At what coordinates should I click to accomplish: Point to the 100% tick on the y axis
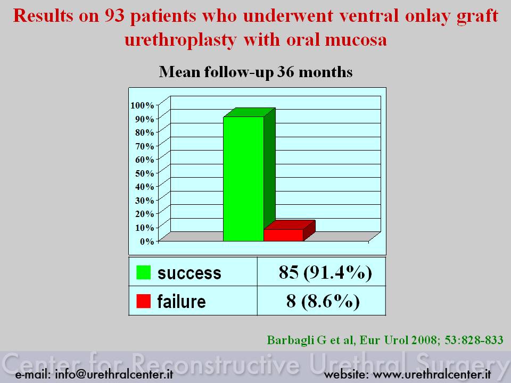click(142, 105)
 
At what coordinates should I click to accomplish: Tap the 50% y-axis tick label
click(144, 173)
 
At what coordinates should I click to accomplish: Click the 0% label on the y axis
click(147, 242)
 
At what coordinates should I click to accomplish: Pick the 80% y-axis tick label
click(144, 132)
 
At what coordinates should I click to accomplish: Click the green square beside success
click(143, 272)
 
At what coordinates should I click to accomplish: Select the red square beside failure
click(143, 301)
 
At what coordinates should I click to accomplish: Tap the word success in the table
click(189, 273)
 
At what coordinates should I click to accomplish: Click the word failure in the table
click(182, 301)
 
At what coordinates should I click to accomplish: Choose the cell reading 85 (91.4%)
click(325, 272)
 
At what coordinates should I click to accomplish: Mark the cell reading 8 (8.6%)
click(323, 301)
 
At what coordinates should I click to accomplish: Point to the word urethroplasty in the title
click(180, 40)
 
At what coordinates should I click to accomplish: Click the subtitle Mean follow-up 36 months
click(256, 72)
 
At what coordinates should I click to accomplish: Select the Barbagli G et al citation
click(385, 340)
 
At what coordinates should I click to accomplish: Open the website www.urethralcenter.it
click(432, 374)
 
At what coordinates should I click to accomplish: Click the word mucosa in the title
click(356, 40)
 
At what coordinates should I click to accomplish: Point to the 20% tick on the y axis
click(144, 214)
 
